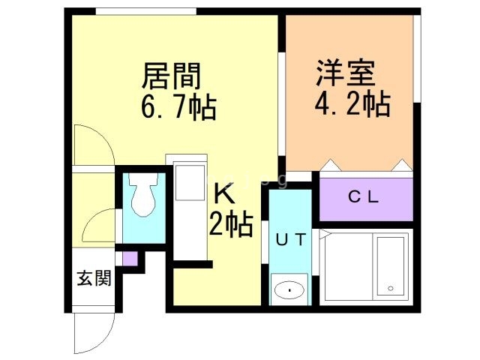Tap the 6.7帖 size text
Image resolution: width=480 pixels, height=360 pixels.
(178, 109)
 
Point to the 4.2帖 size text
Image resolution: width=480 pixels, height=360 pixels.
(351, 104)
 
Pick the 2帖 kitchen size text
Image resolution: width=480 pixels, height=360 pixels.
(230, 224)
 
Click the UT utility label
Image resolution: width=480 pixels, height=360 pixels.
(289, 241)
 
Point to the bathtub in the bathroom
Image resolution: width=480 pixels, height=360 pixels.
(391, 267)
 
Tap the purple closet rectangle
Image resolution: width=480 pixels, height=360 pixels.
(367, 198)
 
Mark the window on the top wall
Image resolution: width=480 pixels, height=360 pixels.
(146, 11)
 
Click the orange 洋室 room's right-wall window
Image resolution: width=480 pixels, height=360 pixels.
(418, 57)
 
